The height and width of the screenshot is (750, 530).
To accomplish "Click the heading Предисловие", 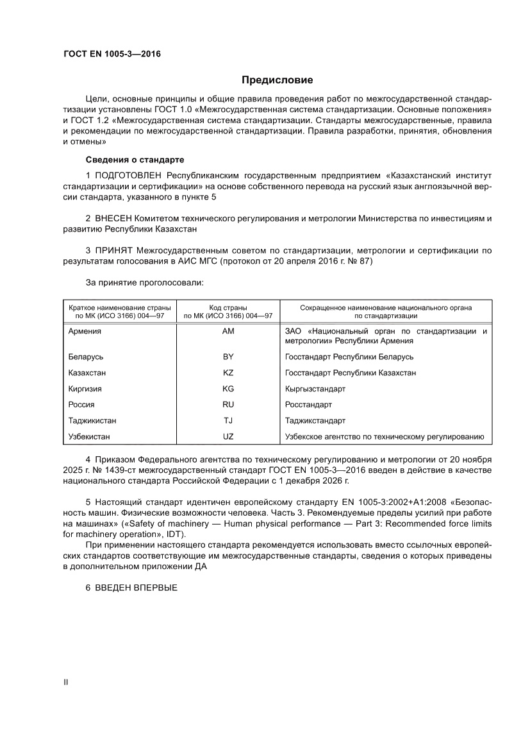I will (277, 80).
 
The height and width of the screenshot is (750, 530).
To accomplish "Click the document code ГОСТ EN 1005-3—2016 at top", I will (112, 54).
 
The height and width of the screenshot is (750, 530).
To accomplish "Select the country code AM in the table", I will (228, 331).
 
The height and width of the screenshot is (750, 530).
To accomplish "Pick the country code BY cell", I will (228, 357).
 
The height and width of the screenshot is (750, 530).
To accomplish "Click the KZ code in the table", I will (228, 373).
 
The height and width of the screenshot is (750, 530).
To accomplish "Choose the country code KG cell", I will (228, 389).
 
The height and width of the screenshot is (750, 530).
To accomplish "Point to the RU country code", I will (228, 405).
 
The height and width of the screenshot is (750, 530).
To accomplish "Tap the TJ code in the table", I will (228, 421).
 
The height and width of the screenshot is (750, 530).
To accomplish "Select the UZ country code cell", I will (228, 437).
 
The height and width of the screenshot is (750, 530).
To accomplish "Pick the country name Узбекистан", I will (89, 437).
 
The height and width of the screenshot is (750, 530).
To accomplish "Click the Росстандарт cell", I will (308, 405).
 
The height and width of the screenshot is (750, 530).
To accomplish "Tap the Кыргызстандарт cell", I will (315, 389).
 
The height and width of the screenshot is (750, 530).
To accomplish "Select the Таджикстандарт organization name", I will (315, 421).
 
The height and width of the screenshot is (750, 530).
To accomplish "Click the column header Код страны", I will (228, 308).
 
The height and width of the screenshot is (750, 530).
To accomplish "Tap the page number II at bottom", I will (65, 683).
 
